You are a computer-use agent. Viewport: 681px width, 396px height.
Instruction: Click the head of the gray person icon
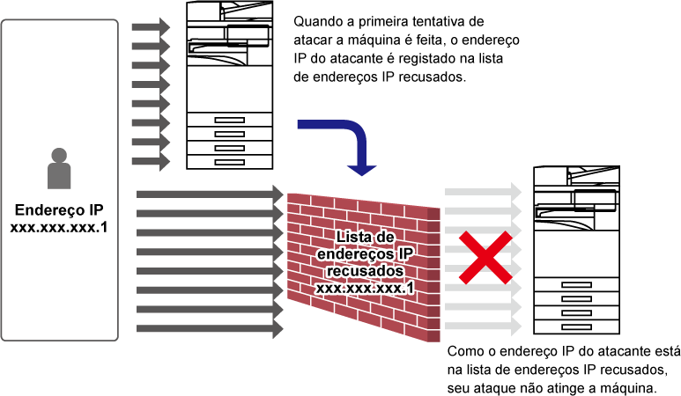tap(59, 155)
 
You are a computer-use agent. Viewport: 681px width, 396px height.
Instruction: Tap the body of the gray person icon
tap(59, 176)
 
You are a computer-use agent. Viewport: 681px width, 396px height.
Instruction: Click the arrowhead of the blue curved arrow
tap(361, 169)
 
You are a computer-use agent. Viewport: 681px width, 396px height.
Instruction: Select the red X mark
tap(484, 258)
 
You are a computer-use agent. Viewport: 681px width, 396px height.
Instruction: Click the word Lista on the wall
tap(352, 238)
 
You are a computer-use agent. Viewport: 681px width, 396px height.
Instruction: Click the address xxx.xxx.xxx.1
tap(365, 288)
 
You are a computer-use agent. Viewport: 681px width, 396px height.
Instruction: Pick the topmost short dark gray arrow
tap(150, 27)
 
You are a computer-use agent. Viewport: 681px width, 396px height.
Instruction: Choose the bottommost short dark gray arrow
tap(150, 162)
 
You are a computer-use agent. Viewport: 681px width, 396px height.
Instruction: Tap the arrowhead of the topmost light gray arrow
tap(517, 192)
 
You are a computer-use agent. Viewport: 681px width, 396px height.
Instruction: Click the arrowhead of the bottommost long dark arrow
tap(278, 329)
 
